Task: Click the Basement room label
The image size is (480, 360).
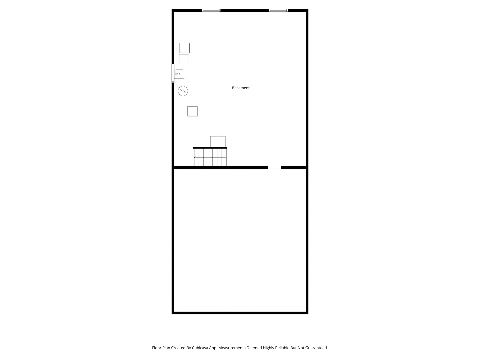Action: (x=241, y=88)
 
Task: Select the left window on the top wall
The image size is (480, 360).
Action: (x=211, y=10)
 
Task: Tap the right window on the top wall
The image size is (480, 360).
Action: (x=278, y=10)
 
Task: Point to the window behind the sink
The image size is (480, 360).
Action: (x=173, y=73)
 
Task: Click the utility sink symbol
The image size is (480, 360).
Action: (x=179, y=74)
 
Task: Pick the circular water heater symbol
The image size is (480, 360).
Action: (x=183, y=91)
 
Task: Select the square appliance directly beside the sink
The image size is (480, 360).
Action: (x=184, y=59)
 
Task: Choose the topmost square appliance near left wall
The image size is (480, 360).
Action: (x=185, y=48)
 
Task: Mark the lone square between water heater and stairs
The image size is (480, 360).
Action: (x=192, y=111)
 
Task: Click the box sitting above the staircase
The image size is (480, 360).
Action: (x=218, y=141)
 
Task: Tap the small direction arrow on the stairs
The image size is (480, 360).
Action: (x=195, y=157)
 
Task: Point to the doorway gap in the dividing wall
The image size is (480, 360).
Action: (x=275, y=167)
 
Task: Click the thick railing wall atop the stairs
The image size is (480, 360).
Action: (x=210, y=148)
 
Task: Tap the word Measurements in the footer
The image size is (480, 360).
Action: (x=232, y=348)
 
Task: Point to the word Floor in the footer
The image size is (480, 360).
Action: (x=157, y=348)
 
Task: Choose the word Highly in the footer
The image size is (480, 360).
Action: (x=268, y=348)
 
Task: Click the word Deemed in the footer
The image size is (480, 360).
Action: (x=254, y=348)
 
